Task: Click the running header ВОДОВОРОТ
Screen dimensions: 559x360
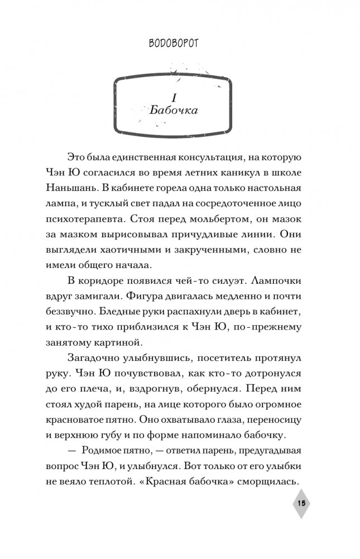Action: coord(180,43)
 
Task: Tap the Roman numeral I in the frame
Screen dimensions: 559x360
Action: coord(174,95)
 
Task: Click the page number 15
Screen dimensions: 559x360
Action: coord(301,503)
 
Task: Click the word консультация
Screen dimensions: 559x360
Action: coord(232,158)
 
